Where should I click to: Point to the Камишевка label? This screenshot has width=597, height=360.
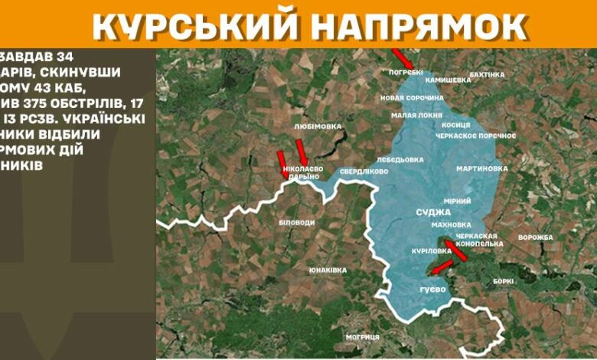(448, 80)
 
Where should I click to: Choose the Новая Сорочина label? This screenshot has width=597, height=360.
(412, 98)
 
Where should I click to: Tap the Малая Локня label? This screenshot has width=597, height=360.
(416, 115)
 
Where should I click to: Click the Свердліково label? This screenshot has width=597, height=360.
(364, 172)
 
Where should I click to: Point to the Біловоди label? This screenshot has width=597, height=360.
(297, 221)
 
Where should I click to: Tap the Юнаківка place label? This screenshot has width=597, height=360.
(328, 270)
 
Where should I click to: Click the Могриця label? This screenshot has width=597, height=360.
(362, 337)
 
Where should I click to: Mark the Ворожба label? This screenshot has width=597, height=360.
(535, 237)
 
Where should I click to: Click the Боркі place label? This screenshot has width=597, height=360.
(503, 281)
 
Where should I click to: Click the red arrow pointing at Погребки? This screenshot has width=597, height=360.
(402, 58)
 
